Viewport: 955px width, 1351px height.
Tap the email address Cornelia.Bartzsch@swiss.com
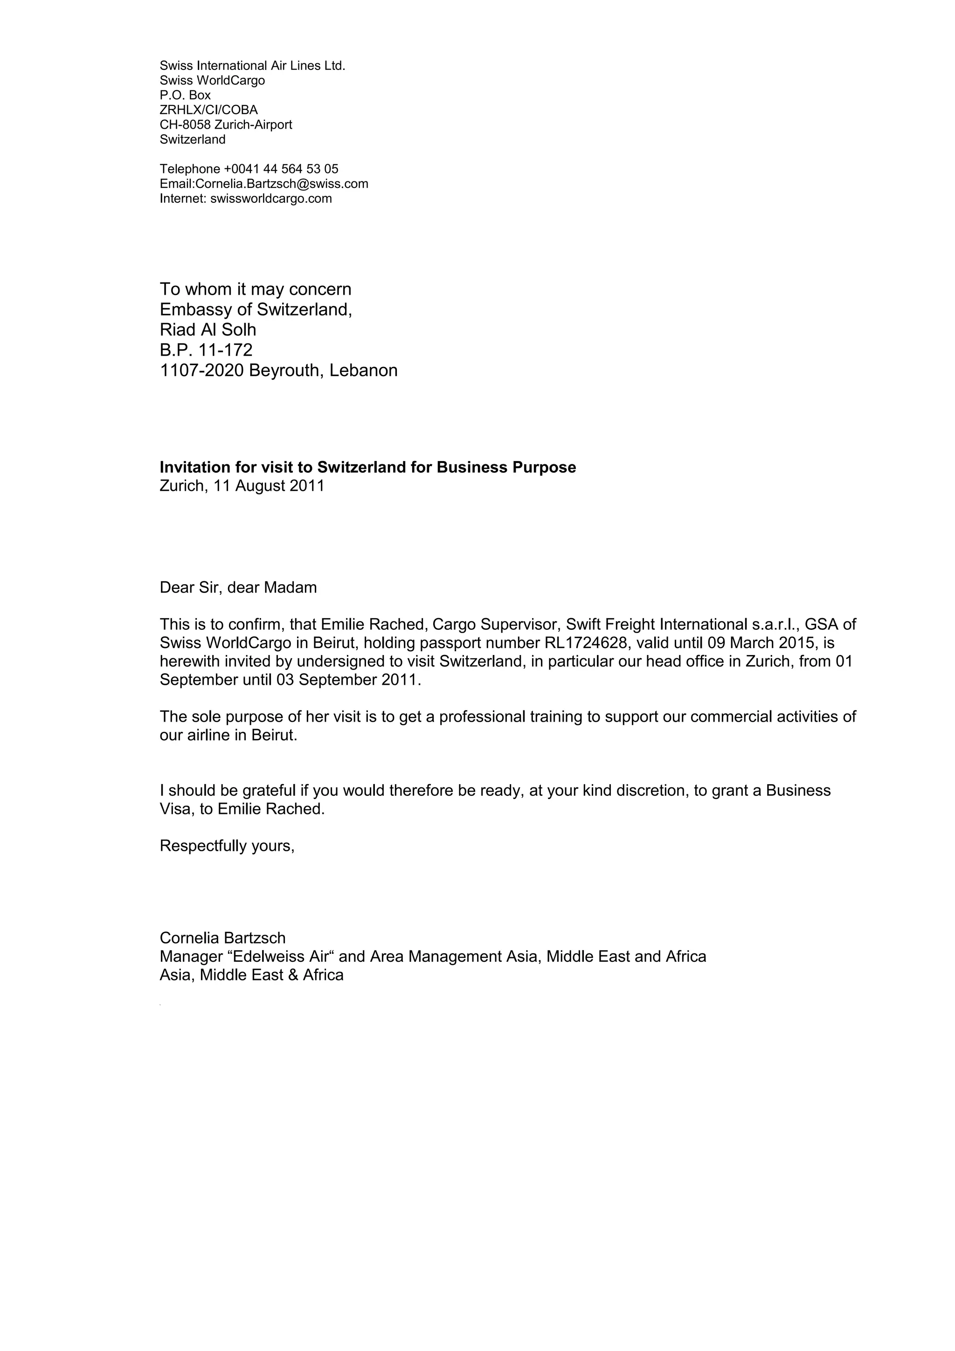(281, 184)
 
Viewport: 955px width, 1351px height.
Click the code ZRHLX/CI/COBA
(208, 110)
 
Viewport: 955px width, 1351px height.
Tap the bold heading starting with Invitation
(368, 467)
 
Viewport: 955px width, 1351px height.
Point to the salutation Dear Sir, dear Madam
(238, 587)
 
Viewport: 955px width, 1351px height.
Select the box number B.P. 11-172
(206, 350)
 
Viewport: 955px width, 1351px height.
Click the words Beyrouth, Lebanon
(323, 371)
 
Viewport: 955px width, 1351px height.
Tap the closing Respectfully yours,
(227, 846)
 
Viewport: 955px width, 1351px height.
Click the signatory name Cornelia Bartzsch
(222, 938)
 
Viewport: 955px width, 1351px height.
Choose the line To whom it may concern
(256, 289)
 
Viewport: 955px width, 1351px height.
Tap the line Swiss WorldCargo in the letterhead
(212, 81)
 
